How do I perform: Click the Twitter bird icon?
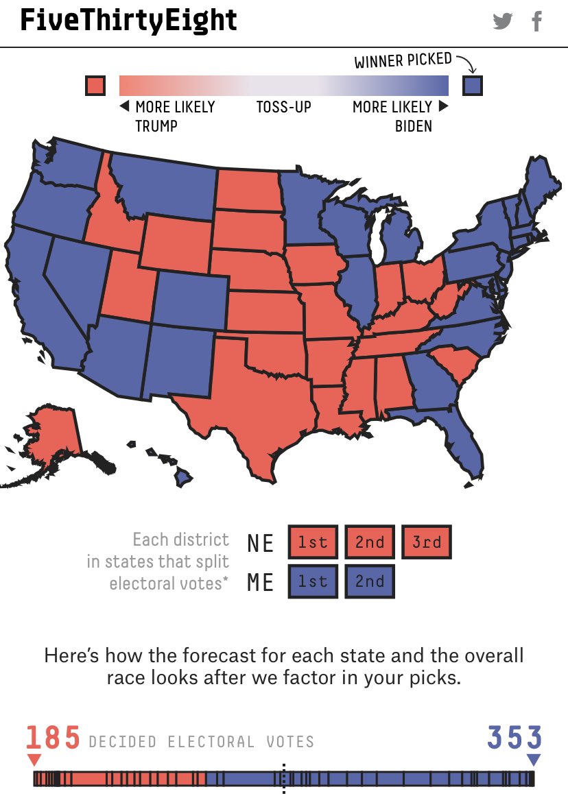coord(503,21)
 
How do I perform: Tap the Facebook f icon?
coord(537,21)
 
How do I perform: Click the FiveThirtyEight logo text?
coord(128,21)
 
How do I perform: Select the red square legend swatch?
coord(95,86)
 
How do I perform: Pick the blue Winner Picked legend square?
coord(472,86)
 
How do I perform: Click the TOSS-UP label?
coord(283,107)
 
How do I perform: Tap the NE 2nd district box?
coord(370,543)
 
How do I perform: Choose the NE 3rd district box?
coord(427,543)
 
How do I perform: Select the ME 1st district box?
coord(313,581)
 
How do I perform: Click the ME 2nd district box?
coord(370,581)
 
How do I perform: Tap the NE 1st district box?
coord(313,543)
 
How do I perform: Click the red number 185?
coord(53,739)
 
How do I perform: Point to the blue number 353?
coord(514,739)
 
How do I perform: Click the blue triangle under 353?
coord(534,760)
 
